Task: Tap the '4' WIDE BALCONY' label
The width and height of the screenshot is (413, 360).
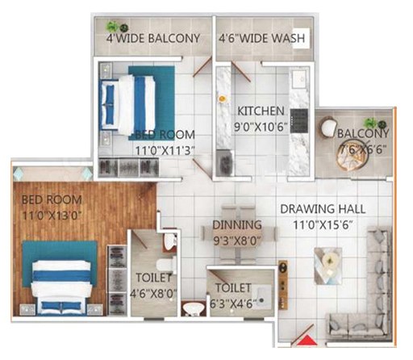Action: pyautogui.click(x=152, y=38)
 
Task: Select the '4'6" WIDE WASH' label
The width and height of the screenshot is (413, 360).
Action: pyautogui.click(x=262, y=38)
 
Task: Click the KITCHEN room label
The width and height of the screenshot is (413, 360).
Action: pyautogui.click(x=261, y=111)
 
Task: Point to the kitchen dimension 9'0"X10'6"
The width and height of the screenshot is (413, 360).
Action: pyautogui.click(x=261, y=125)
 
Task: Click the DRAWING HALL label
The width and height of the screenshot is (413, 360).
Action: pyautogui.click(x=322, y=209)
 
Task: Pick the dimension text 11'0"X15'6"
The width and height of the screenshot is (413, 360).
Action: pyautogui.click(x=322, y=224)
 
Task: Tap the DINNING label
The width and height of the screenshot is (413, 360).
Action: pyautogui.click(x=236, y=224)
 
